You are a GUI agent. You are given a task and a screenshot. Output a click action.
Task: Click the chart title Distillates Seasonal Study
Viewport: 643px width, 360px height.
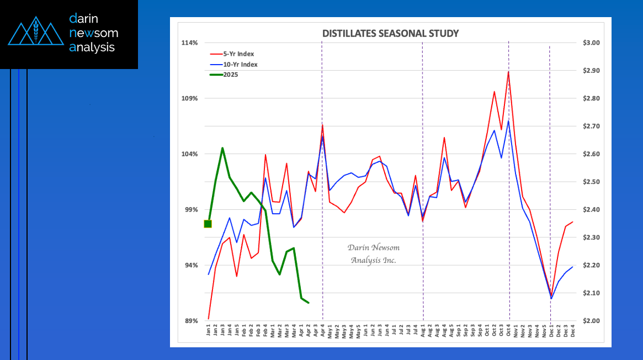[390, 34]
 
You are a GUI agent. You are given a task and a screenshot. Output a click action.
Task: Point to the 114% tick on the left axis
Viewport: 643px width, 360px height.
[190, 43]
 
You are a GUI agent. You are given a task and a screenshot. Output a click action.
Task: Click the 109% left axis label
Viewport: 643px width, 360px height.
[190, 99]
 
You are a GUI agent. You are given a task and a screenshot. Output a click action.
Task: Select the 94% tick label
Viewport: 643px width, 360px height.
[191, 266]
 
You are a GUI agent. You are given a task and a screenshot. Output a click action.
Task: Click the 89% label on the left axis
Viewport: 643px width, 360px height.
[191, 321]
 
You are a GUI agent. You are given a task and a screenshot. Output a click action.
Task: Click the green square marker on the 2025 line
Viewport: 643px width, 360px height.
[208, 224]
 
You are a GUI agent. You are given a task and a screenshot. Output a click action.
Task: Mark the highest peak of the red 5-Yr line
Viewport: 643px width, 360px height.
[508, 72]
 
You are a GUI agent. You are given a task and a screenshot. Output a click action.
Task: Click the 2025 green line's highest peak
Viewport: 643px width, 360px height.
[222, 148]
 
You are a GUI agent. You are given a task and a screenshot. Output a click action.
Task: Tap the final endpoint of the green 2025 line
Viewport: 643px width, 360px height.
[309, 303]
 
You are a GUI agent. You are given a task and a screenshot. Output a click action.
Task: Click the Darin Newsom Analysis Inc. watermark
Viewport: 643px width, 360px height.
[374, 254]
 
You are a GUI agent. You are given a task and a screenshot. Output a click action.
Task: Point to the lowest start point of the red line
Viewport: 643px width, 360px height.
[209, 319]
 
